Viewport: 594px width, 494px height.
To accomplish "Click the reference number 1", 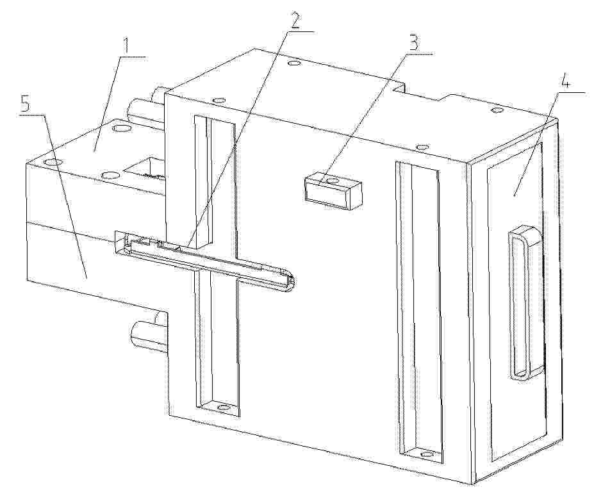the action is [126, 46].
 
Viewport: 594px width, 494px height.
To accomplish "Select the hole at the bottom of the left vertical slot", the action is [224, 408].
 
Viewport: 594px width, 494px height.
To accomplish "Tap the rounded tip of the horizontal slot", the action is [291, 281].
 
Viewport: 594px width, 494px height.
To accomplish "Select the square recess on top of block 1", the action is [145, 168].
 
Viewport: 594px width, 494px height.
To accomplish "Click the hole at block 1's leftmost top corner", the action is [53, 162].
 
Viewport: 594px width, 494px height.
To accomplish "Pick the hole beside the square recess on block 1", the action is [110, 174].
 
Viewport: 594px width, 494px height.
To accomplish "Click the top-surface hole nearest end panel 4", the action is [497, 110].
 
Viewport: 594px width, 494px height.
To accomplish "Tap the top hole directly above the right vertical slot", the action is [422, 146].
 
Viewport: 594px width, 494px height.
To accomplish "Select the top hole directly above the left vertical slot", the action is [219, 101].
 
